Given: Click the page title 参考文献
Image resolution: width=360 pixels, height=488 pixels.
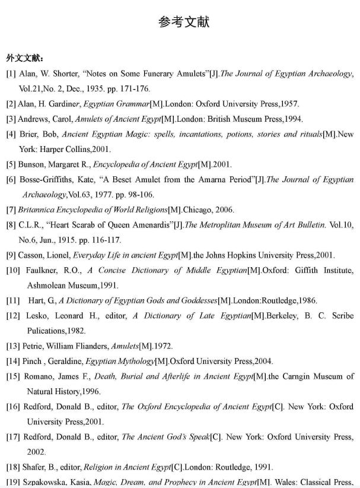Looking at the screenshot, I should pyautogui.click(x=183, y=23).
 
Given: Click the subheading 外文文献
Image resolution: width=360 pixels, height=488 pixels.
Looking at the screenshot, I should pyautogui.click(x=24, y=58).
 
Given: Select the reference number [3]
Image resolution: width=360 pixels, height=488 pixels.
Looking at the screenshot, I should pyautogui.click(x=11, y=119).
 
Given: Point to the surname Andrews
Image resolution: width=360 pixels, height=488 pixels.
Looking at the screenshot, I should pyautogui.click(x=33, y=119).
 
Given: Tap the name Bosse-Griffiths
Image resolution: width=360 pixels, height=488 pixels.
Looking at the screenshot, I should pyautogui.click(x=49, y=179).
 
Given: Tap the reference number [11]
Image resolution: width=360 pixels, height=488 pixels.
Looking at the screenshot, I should pyautogui.click(x=12, y=300).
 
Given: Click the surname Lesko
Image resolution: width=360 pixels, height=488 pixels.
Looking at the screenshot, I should pyautogui.click(x=37, y=316).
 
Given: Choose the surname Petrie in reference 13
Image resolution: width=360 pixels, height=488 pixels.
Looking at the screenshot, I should pyautogui.click(x=34, y=346).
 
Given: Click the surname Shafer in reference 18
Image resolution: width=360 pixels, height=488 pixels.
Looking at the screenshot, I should pyautogui.click(x=34, y=467).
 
